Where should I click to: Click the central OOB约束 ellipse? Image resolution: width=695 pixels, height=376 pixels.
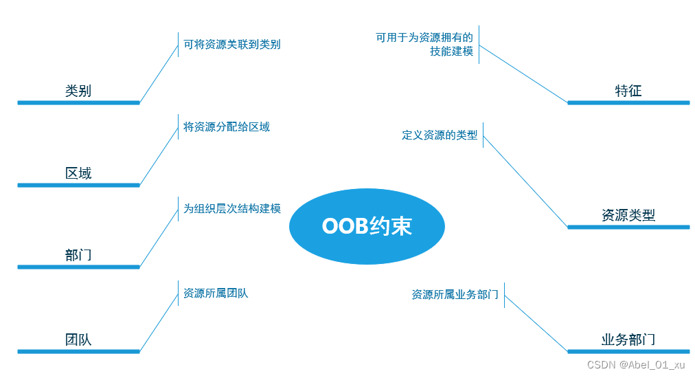(x=367, y=226)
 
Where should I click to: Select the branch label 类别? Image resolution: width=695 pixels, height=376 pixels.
(x=78, y=91)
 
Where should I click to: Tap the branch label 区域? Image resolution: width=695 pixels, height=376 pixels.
(x=78, y=173)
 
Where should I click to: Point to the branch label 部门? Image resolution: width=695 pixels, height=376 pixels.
(x=78, y=256)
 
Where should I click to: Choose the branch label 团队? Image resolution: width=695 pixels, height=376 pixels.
(x=78, y=340)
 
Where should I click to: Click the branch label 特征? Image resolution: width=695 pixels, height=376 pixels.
(x=628, y=91)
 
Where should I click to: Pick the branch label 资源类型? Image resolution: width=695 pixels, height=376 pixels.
(x=628, y=215)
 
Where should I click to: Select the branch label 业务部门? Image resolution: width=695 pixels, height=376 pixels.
(x=628, y=340)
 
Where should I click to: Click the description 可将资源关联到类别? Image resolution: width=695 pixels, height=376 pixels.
(x=231, y=45)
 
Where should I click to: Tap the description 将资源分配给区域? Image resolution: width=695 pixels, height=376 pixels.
(x=227, y=126)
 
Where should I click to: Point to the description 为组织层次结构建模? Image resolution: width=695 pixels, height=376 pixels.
(x=231, y=208)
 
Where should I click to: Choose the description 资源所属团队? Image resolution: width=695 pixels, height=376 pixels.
(x=216, y=294)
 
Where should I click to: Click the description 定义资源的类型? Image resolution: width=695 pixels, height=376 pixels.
(x=440, y=135)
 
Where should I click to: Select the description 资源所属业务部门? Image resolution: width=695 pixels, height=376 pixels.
(x=455, y=294)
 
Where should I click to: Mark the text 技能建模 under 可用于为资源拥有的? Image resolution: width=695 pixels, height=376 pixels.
(x=451, y=52)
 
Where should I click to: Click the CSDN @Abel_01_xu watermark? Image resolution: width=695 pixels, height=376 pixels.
(x=626, y=365)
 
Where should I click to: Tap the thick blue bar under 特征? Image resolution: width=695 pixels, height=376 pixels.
(x=628, y=103)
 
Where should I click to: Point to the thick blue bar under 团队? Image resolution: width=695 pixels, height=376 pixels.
(x=78, y=352)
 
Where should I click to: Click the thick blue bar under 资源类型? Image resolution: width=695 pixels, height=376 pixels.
(x=628, y=227)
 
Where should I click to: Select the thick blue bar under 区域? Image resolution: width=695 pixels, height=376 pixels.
(x=78, y=185)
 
